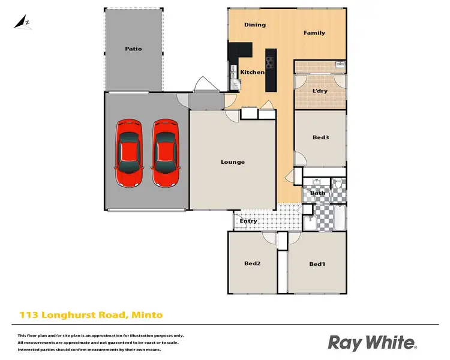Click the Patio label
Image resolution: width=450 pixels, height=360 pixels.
click(x=133, y=49)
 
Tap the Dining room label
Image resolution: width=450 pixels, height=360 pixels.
click(x=255, y=25)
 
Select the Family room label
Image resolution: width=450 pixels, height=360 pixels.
click(x=314, y=32)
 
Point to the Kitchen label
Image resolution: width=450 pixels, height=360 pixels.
click(x=252, y=72)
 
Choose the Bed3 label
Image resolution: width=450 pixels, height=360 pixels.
click(x=320, y=137)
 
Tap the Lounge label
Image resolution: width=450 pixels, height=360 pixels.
click(x=232, y=162)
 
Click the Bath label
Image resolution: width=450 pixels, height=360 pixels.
click(x=318, y=193)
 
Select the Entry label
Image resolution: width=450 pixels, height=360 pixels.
click(x=248, y=221)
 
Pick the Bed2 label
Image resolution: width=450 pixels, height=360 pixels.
click(x=252, y=263)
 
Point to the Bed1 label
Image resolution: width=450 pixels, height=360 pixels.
click(x=317, y=264)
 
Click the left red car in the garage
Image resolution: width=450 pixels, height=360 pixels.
click(x=130, y=153)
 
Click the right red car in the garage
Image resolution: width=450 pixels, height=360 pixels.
click(x=164, y=153)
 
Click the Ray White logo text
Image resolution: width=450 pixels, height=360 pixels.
click(x=372, y=343)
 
